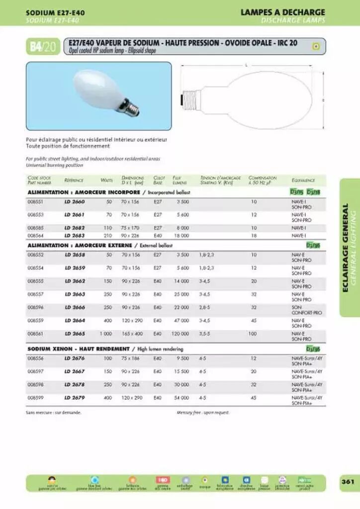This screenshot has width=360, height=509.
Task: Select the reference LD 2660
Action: pos(75,202)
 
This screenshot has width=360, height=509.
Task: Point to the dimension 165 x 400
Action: pos(132,334)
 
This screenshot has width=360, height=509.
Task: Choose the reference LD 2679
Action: pos(75,398)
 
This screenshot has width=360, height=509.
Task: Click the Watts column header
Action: pos(106,180)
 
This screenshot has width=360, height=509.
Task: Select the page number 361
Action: pos(347,481)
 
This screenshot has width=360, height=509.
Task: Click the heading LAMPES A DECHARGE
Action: pos(282,12)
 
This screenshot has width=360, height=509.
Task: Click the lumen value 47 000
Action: pos(180,321)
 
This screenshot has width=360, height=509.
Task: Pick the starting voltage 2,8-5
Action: pos(204,307)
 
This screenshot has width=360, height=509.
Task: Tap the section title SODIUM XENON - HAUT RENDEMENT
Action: pos(78,349)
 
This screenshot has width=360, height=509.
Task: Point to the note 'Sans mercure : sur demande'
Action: pos(53,413)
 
